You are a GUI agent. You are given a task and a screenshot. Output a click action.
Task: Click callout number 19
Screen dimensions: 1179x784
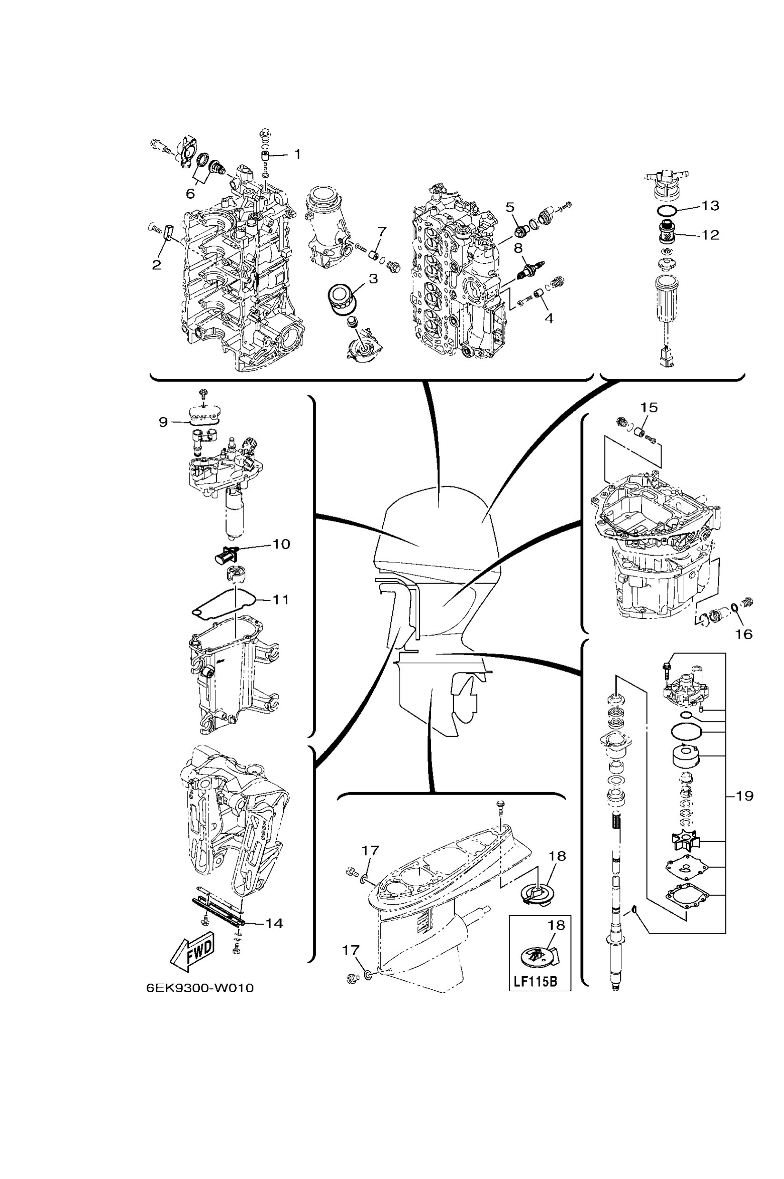pyautogui.click(x=744, y=796)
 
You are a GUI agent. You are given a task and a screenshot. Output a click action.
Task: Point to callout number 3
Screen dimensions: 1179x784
pyautogui.click(x=374, y=279)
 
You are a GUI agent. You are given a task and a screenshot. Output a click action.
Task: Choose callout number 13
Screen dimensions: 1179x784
pyautogui.click(x=710, y=205)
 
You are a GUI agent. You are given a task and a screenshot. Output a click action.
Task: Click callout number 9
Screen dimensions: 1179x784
pyautogui.click(x=164, y=422)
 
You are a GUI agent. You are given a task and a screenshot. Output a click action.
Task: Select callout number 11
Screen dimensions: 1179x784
pyautogui.click(x=281, y=599)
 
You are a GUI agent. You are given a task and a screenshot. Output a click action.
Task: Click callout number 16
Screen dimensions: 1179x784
pyautogui.click(x=744, y=634)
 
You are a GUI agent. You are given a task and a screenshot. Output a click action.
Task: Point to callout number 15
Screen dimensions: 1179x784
pyautogui.click(x=649, y=408)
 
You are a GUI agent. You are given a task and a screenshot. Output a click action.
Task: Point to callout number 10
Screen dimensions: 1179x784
pyautogui.click(x=281, y=544)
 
